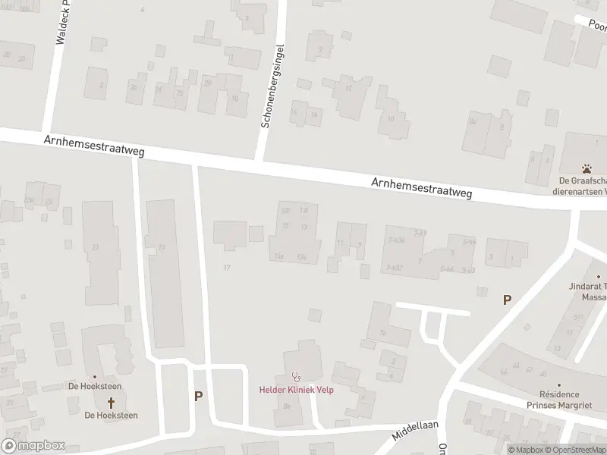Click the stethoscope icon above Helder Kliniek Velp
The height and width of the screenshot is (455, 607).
(x=296, y=376)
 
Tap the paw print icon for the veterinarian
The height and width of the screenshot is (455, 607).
(x=587, y=168)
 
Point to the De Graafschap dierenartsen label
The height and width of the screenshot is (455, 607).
(x=583, y=186)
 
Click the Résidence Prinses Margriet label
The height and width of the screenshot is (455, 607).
(x=559, y=400)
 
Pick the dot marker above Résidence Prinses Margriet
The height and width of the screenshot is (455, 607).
(x=559, y=384)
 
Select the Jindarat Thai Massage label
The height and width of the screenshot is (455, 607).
(x=589, y=291)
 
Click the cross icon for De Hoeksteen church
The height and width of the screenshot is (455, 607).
(x=111, y=402)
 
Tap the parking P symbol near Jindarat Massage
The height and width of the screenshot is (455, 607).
(x=507, y=300)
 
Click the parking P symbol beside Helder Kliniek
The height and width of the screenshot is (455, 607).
(x=199, y=396)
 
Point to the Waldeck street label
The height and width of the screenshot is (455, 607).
(x=61, y=23)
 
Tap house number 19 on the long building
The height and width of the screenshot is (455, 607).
(x=161, y=248)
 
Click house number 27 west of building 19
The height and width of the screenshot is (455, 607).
(x=96, y=248)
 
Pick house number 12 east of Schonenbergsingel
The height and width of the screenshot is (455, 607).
(x=348, y=89)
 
